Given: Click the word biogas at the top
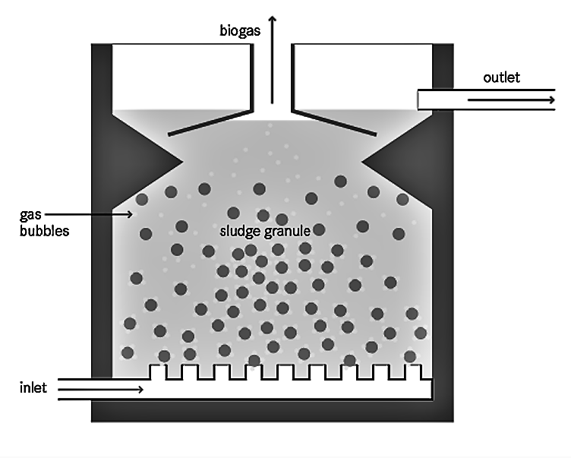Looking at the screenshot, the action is (240, 30).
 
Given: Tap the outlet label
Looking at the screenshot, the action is (501, 77).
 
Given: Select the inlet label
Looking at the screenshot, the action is (33, 387).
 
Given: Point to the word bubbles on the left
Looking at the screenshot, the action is (45, 231).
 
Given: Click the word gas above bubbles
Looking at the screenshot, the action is (30, 215).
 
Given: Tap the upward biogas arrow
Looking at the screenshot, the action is (272, 60).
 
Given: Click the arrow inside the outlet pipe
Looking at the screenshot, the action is (511, 99).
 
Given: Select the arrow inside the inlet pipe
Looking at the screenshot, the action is (100, 390).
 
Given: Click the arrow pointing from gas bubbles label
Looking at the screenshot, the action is (89, 214).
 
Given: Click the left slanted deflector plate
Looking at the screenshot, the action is (210, 123).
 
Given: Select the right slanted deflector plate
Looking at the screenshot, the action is (333, 123).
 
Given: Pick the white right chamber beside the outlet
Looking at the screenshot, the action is (362, 77).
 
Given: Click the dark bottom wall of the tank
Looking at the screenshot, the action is (273, 411).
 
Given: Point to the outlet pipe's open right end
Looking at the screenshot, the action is (554, 99).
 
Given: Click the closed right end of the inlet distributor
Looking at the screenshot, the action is (432, 389).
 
